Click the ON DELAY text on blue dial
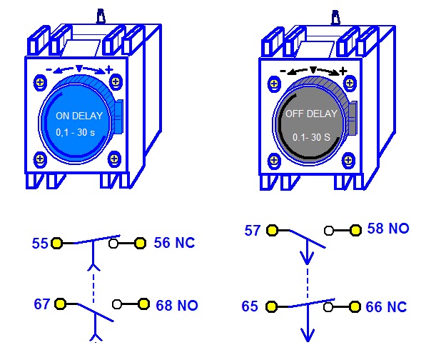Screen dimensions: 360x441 79,116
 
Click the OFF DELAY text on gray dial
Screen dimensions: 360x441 312,114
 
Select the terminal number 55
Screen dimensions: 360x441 40,244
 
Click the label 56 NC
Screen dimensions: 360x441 174,244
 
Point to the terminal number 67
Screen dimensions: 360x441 42,304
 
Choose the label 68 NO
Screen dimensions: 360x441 177,305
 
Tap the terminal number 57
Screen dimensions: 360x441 253,231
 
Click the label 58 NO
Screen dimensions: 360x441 388,229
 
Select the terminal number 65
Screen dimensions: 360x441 250,307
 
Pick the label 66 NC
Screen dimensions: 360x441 386,307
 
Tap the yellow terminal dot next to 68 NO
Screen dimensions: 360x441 143,304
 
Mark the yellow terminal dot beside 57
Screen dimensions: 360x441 271,230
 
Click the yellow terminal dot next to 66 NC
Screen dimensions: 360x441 355,307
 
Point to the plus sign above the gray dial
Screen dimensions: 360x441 343,71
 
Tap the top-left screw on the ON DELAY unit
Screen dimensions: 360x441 39,84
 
